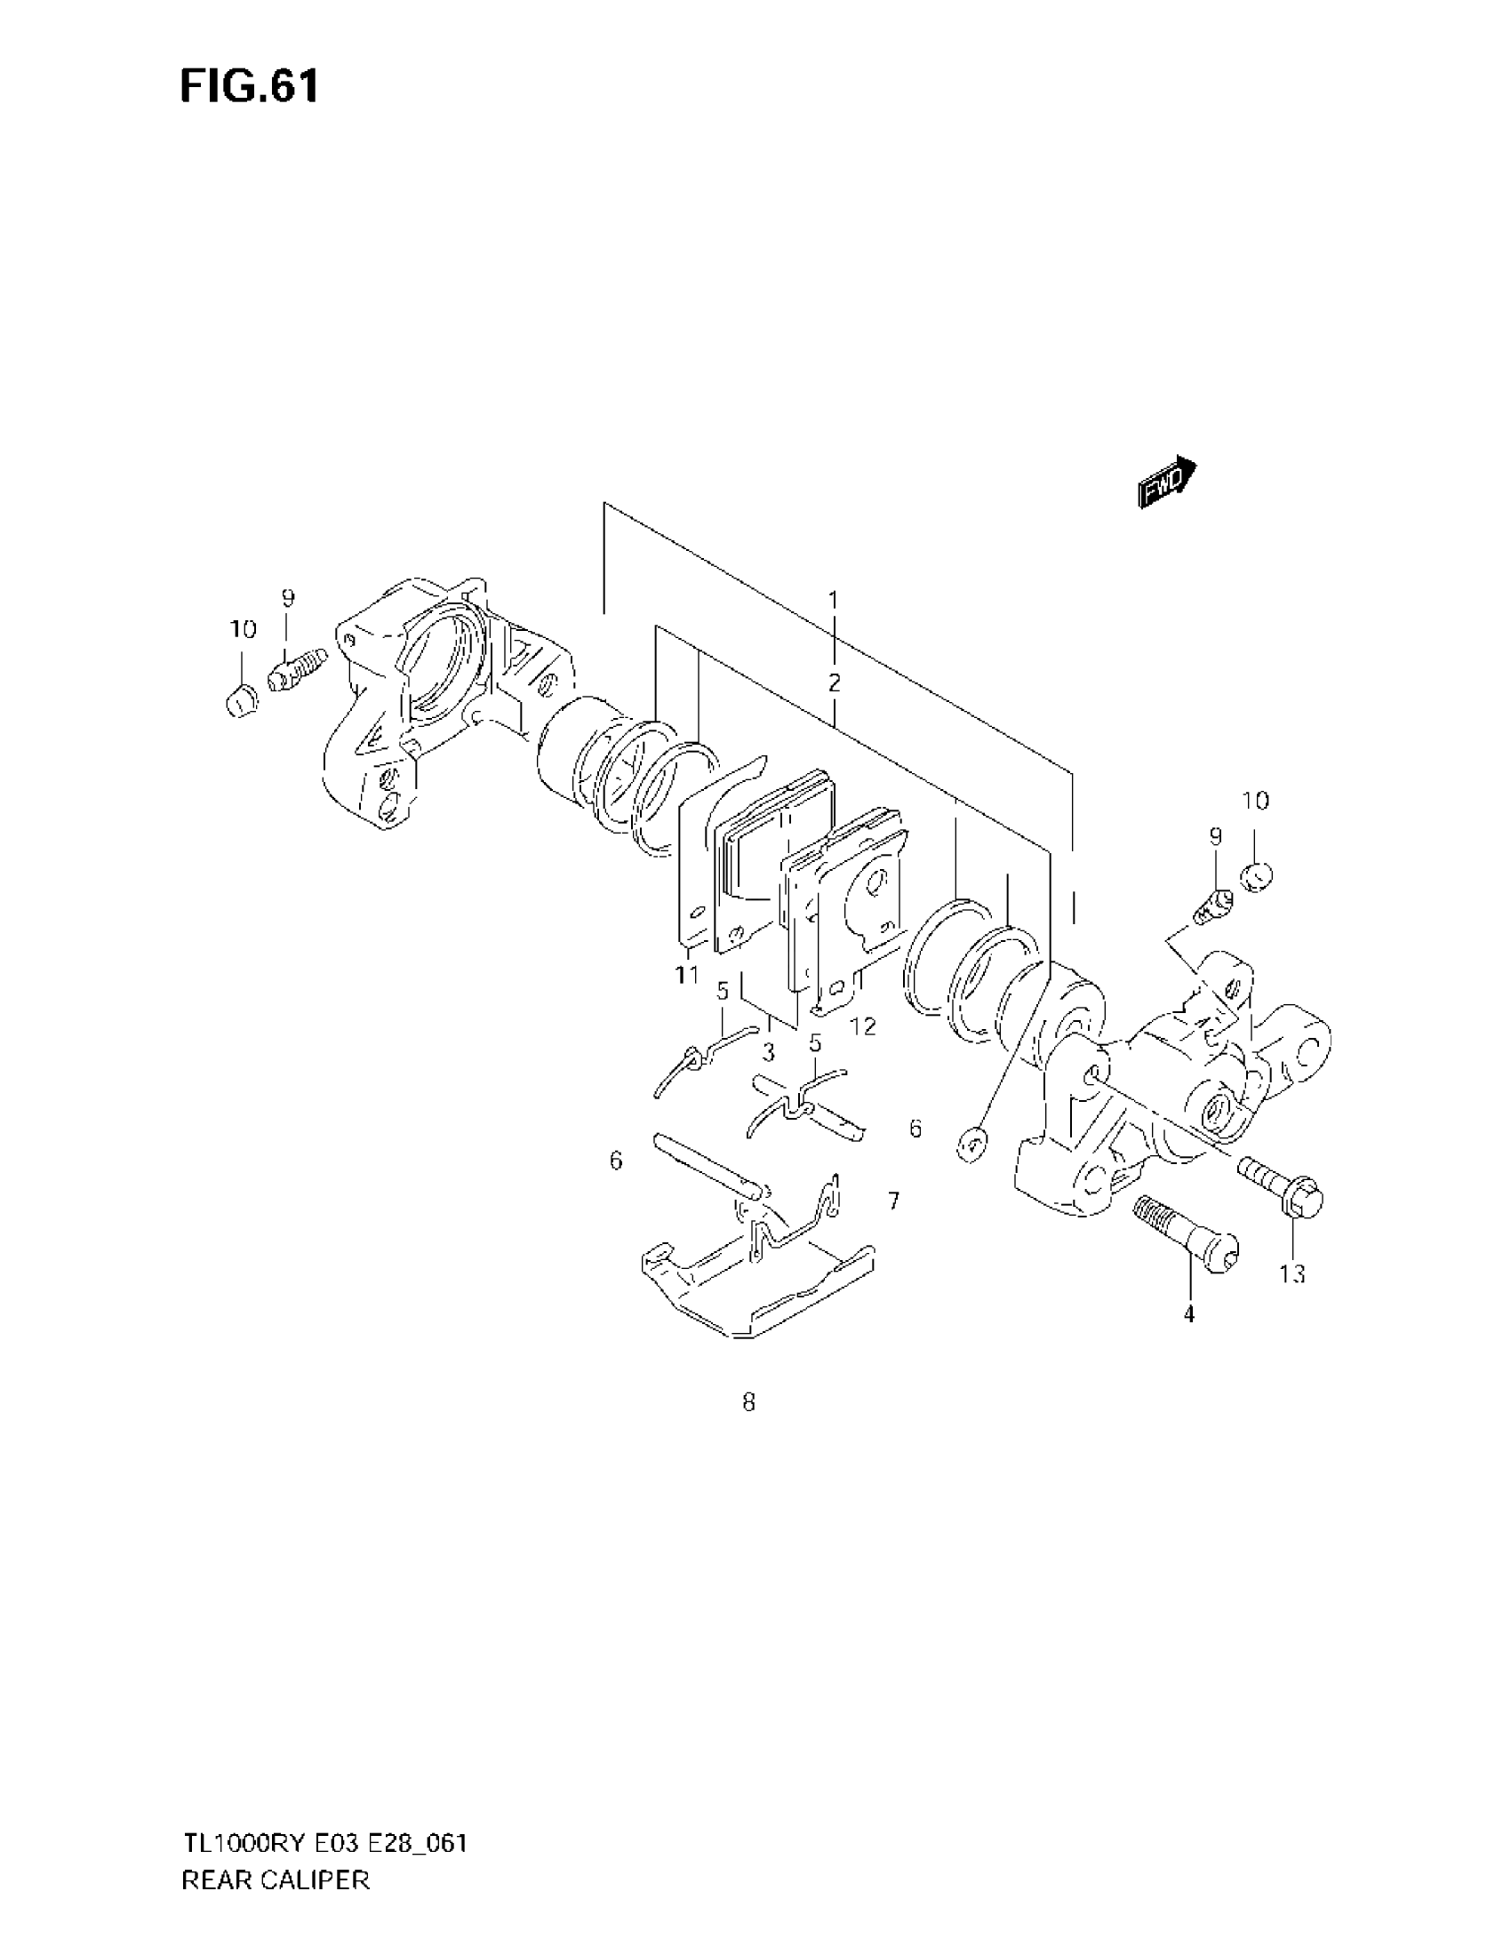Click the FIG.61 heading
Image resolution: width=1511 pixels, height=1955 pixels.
coord(249,87)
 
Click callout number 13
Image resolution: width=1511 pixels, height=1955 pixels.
coord(1292,1273)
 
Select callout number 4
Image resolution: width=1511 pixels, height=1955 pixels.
coord(1188,1315)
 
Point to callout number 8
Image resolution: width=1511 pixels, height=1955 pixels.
coord(748,1402)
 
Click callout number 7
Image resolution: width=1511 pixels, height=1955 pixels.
coord(893,1201)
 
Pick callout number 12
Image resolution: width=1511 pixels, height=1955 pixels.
coord(863,1025)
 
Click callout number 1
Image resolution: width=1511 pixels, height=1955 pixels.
coord(833,600)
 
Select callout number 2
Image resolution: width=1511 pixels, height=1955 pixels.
coord(834,684)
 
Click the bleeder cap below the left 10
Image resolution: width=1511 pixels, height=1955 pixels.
coord(240,702)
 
